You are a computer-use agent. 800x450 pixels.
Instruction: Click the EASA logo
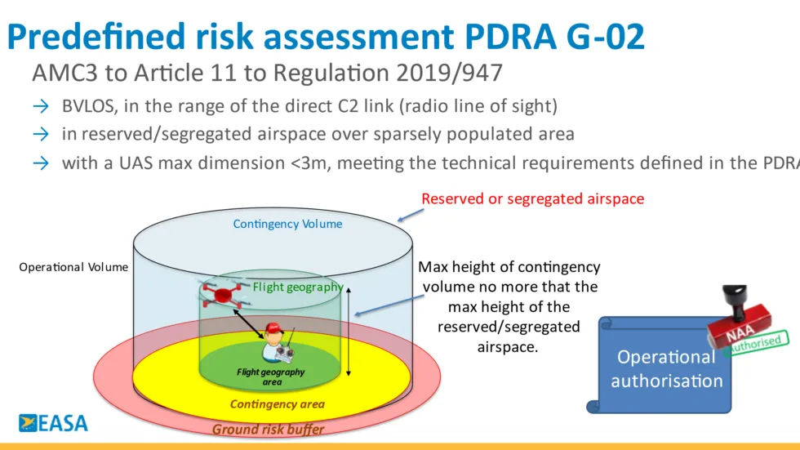pos(53,423)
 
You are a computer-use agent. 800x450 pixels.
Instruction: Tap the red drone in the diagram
pos(223,295)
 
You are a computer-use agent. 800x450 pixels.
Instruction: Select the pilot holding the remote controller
pos(276,342)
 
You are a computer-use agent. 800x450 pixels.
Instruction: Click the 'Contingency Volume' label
pos(287,224)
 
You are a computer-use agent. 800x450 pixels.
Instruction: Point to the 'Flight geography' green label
pos(297,287)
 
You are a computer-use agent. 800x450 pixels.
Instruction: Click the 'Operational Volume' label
pos(73,267)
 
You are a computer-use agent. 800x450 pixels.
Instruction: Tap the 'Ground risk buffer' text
pos(268,430)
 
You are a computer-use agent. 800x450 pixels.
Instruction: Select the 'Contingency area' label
pos(277,404)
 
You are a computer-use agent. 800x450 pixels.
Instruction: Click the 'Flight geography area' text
pos(271,376)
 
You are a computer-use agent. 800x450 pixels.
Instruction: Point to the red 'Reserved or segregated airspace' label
pos(532,199)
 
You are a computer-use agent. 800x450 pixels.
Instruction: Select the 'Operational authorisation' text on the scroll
pos(667,369)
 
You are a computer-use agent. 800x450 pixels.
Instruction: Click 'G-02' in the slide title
pos(606,37)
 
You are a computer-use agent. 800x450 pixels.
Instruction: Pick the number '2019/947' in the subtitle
pos(449,73)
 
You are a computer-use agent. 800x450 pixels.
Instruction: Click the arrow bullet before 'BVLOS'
pos(41,106)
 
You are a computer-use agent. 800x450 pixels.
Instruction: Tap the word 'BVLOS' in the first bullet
pos(90,106)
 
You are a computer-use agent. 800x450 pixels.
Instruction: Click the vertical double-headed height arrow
pos(349,332)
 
